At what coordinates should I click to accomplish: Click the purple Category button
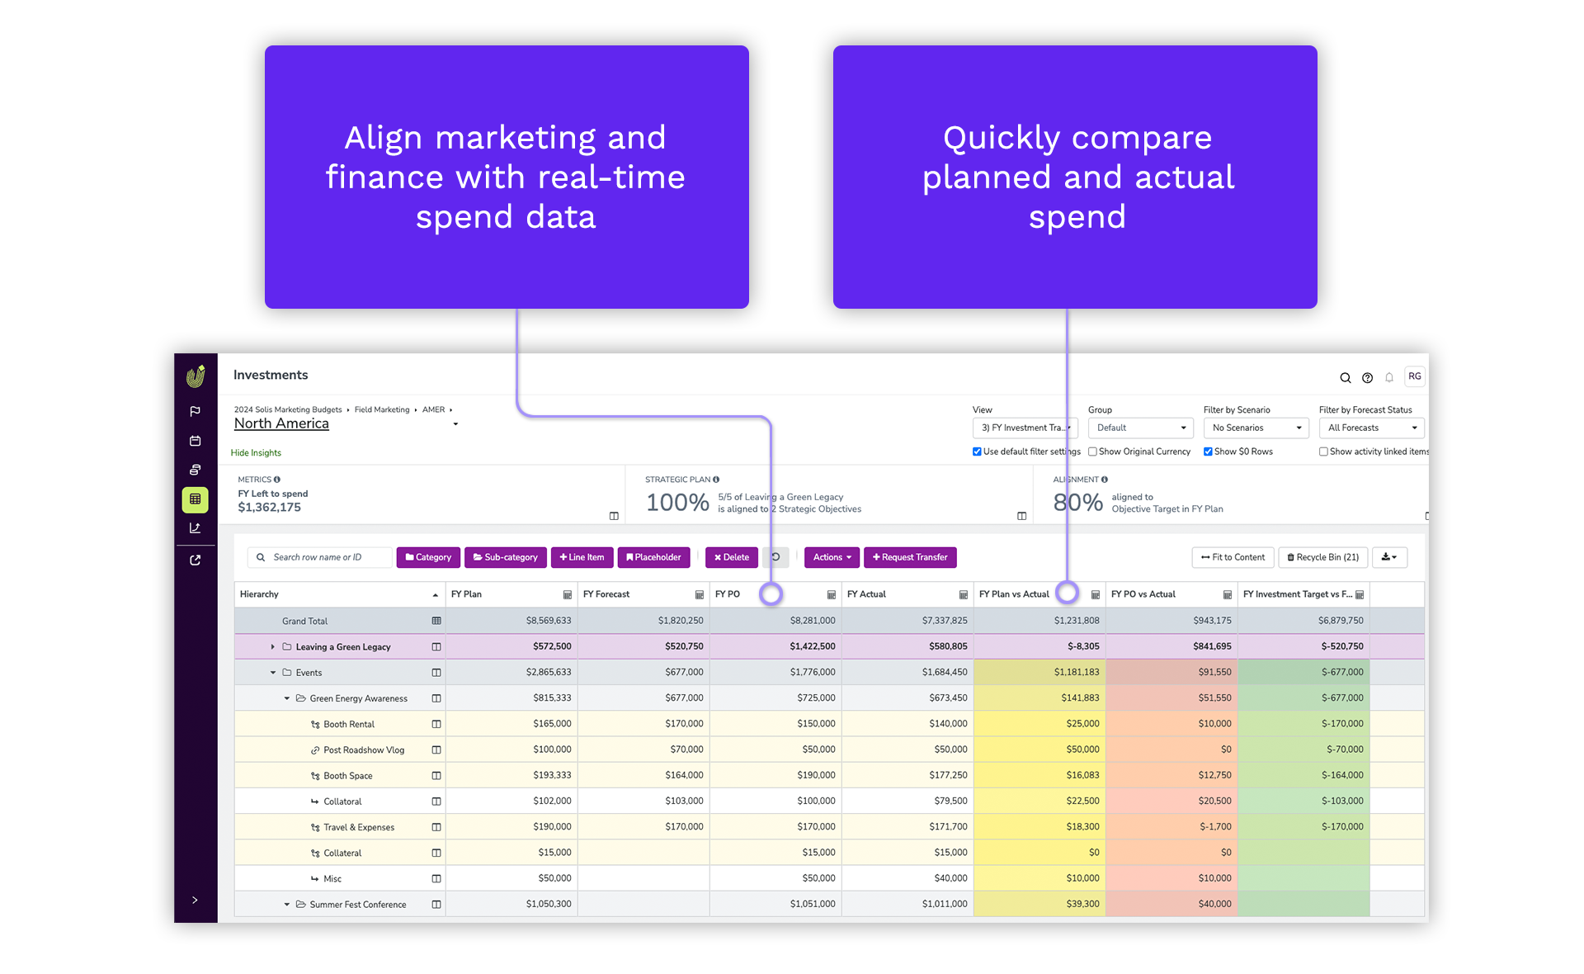point(428,557)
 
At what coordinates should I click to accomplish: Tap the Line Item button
point(582,557)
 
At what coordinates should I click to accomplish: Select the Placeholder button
point(654,557)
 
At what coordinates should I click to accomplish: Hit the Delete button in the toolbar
point(732,557)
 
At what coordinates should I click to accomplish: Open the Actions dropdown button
point(832,557)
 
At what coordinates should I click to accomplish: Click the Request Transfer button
point(910,557)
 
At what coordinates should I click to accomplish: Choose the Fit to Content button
point(1233,557)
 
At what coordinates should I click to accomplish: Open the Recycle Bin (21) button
point(1323,557)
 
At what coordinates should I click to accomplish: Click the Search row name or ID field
point(320,557)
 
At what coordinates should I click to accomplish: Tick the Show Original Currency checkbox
point(1092,452)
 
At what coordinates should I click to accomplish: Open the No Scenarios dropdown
point(1256,428)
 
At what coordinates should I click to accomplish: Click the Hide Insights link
point(256,452)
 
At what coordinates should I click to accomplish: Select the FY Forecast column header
point(606,594)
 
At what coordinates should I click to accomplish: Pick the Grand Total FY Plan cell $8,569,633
point(549,621)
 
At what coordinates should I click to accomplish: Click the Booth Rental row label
point(349,724)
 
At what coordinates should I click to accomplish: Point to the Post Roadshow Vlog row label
point(364,749)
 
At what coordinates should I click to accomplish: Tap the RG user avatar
point(1415,376)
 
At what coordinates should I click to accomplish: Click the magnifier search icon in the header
point(1345,378)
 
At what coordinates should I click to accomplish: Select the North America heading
point(281,423)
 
